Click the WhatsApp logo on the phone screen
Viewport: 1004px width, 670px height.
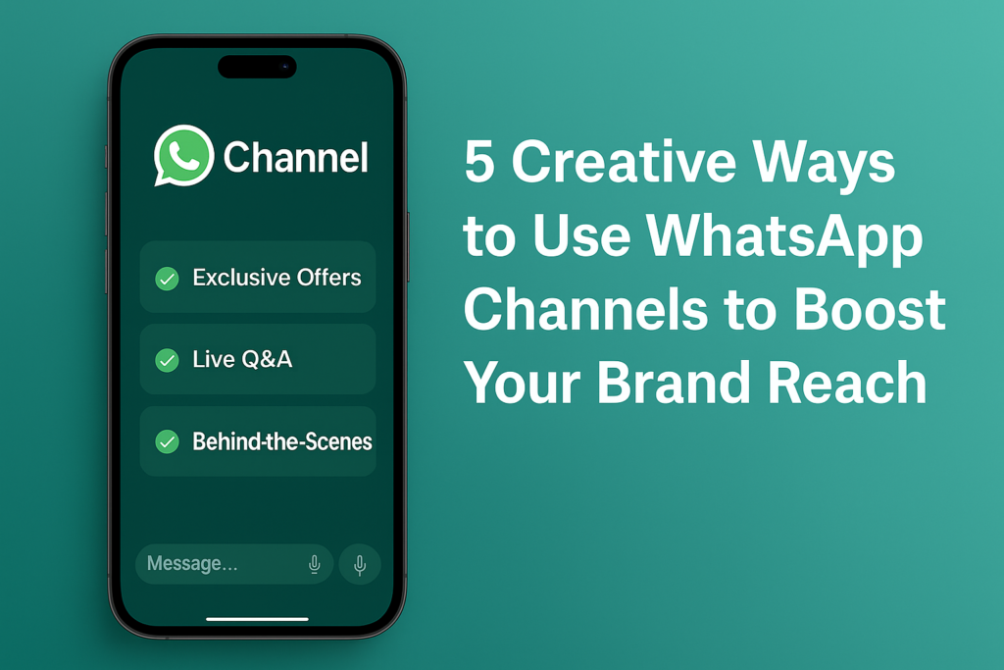183,156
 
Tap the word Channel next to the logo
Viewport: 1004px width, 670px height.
296,158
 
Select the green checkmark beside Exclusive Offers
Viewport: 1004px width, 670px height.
167,279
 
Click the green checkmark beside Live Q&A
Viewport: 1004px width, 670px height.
167,360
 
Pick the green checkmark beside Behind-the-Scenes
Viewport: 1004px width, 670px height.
167,441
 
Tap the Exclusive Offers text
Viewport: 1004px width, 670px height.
276,278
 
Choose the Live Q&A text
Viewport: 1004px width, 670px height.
242,359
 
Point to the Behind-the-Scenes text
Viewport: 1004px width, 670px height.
282,441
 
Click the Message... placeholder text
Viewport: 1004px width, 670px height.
192,563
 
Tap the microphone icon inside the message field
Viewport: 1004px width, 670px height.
315,564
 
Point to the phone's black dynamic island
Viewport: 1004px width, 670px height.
258,67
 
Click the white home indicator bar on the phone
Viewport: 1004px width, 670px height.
258,619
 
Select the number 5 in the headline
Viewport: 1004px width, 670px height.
479,161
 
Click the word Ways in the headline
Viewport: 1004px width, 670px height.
824,164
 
